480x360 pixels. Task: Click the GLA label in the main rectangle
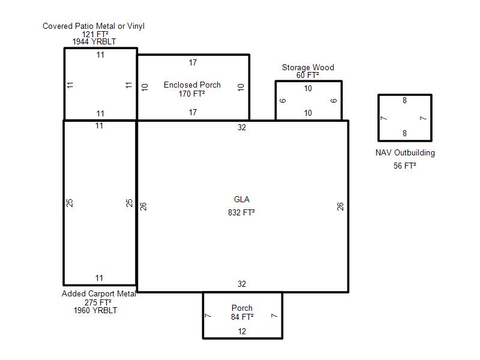coord(242,199)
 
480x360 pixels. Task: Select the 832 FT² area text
coord(241,212)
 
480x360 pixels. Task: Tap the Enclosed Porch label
coord(192,85)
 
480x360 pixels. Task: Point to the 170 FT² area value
coord(191,94)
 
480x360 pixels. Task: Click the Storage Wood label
coord(308,67)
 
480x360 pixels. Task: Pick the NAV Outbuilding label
coord(405,152)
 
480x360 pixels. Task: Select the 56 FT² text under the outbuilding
coord(404,166)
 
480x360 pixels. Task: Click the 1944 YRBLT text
coord(94,41)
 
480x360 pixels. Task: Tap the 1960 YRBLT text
coord(95,310)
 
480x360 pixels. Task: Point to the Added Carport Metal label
coord(99,293)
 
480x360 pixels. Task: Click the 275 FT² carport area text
coord(98,302)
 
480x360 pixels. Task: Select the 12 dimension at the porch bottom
coord(242,331)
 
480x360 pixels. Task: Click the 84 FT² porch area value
coord(242,317)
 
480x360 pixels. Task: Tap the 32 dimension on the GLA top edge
coord(242,127)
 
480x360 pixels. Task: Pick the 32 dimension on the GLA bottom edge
coord(242,284)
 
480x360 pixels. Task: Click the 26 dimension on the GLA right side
coord(340,206)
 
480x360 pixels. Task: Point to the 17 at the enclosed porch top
coord(193,63)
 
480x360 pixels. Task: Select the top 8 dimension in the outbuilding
coord(404,100)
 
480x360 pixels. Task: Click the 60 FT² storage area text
coord(308,75)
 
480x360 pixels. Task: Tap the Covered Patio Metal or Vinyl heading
coord(94,26)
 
